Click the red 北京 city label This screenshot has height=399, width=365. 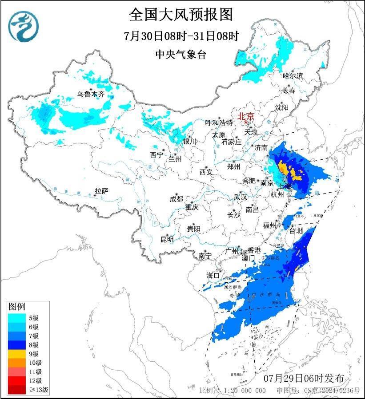246,116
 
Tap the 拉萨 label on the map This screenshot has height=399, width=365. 101,191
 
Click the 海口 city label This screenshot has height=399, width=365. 213,275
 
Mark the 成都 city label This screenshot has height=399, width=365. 176,199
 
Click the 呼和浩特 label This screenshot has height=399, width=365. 219,122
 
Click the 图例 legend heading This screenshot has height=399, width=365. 17,307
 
